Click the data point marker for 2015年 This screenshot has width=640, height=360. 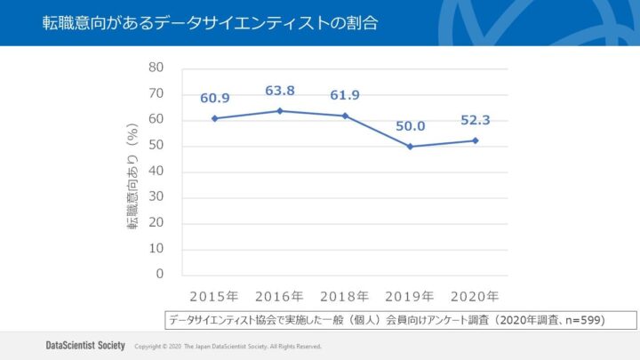coord(215,118)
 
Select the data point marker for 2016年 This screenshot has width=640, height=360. coord(280,111)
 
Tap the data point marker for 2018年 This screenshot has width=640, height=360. coord(345,116)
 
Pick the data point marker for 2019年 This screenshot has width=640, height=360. coord(410,147)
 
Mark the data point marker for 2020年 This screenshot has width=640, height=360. coord(475,140)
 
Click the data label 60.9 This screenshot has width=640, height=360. coord(215,99)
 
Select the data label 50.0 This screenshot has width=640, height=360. coord(410,127)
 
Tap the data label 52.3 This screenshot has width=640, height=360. coord(475,121)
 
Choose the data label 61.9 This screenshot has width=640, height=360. coord(345,95)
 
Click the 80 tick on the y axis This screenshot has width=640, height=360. coord(156,68)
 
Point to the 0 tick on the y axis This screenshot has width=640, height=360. coord(160,275)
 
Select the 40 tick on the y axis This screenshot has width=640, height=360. coord(156,172)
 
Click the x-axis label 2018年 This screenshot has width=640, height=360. coord(345,296)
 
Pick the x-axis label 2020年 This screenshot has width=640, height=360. coord(475,296)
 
